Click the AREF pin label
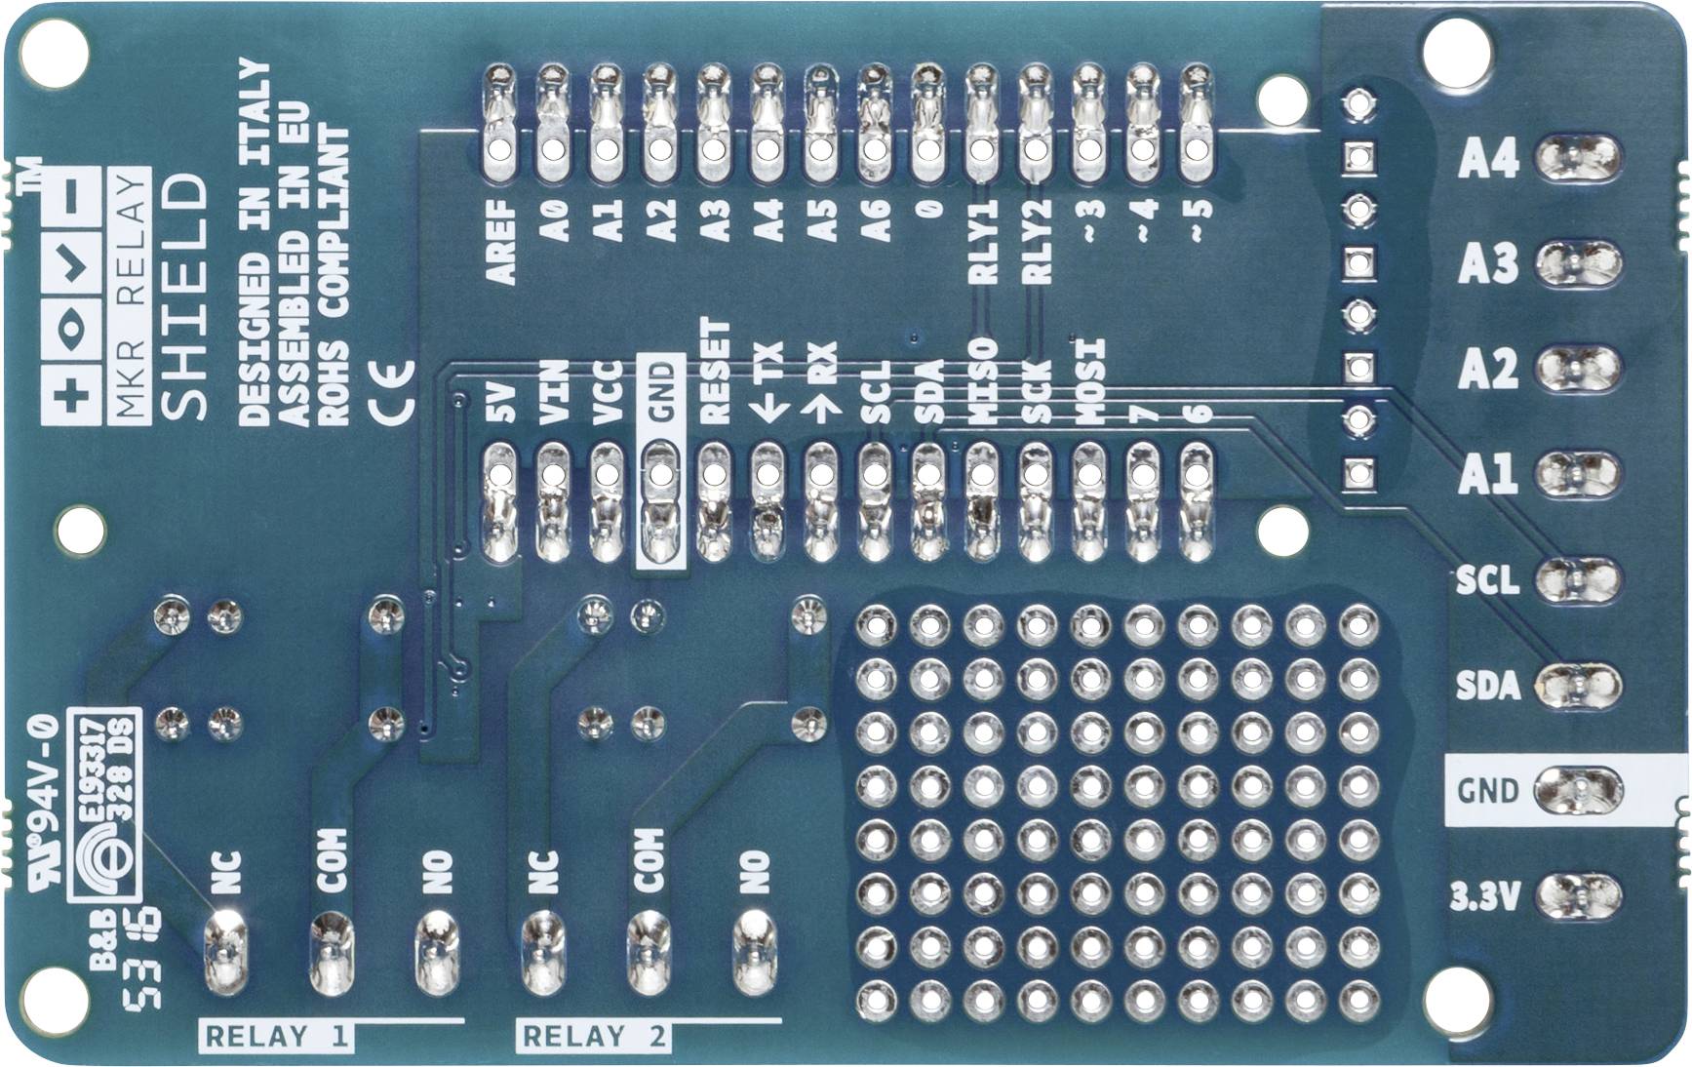[500, 242]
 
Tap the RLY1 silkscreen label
[983, 242]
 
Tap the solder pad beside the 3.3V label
[1578, 895]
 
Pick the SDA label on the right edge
[1487, 686]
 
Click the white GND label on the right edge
[1487, 790]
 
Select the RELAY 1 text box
[277, 1036]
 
